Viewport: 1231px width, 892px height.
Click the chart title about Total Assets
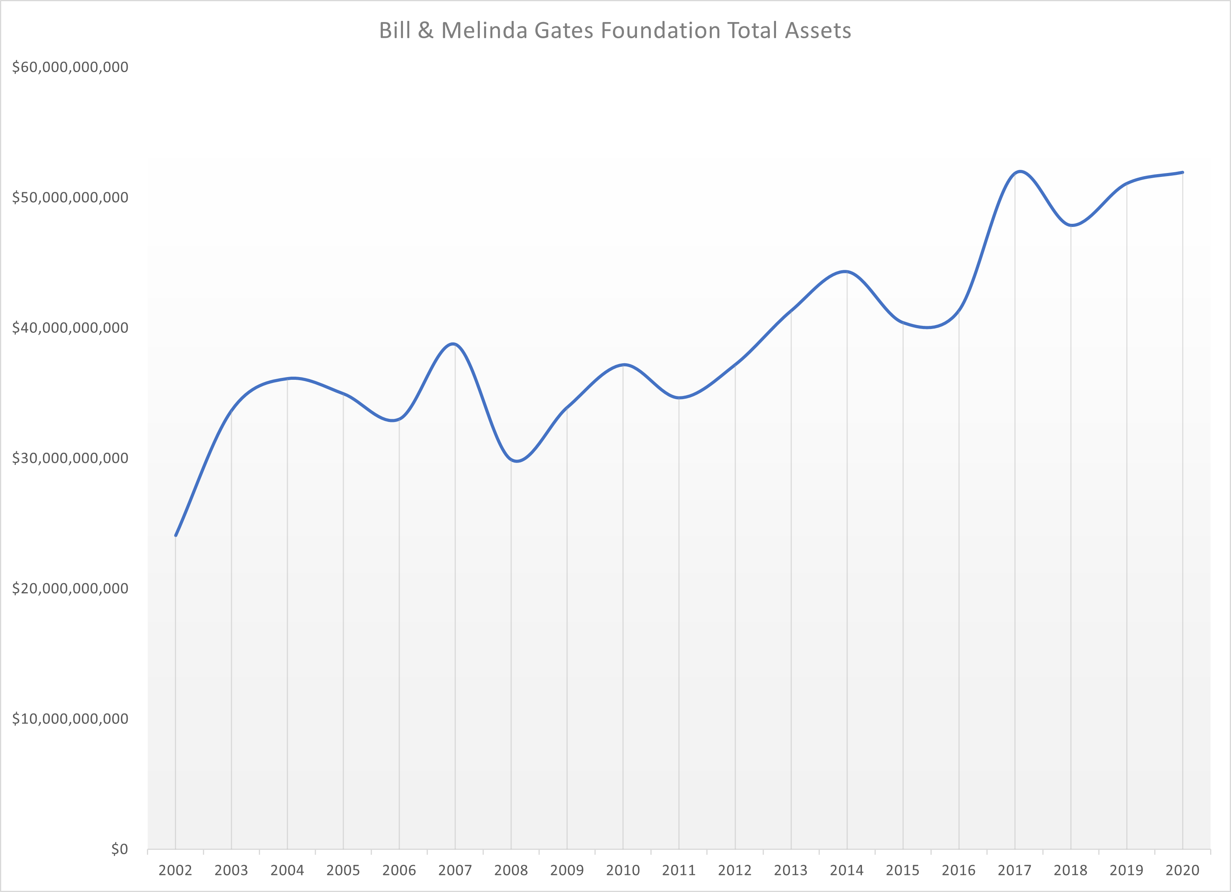pyautogui.click(x=615, y=30)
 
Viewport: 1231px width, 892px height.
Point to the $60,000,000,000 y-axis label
pyautogui.click(x=70, y=67)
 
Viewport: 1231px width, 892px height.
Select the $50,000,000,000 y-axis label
pyautogui.click(x=70, y=197)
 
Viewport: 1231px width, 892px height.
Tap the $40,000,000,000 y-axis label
pyautogui.click(x=70, y=327)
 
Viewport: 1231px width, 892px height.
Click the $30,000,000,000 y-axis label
pyautogui.click(x=70, y=458)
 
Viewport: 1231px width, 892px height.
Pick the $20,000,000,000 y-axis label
pyautogui.click(x=70, y=588)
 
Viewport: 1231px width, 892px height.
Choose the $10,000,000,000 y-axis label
pyautogui.click(x=70, y=718)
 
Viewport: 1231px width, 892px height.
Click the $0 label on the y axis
pyautogui.click(x=119, y=849)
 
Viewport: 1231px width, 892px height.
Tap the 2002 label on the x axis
pyautogui.click(x=175, y=870)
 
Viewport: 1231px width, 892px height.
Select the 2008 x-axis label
pyautogui.click(x=511, y=870)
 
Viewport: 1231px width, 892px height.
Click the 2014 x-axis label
pyautogui.click(x=847, y=870)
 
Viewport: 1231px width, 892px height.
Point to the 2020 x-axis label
pyautogui.click(x=1182, y=870)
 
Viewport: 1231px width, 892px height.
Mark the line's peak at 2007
pyautogui.click(x=454, y=344)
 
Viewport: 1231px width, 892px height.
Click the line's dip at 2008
pyautogui.click(x=517, y=461)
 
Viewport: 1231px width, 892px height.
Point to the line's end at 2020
pyautogui.click(x=1182, y=173)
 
